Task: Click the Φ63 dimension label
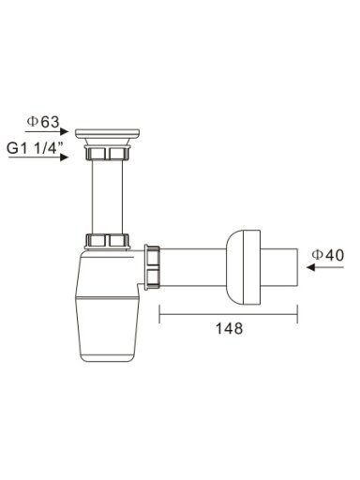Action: coord(43,122)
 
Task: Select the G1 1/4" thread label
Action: coord(35,148)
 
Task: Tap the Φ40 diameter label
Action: coord(328,255)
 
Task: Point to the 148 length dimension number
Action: coord(229,328)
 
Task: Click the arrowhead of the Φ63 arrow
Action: coord(64,131)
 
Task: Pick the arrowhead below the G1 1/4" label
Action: coord(64,157)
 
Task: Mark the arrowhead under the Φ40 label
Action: coord(310,267)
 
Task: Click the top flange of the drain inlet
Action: coord(108,133)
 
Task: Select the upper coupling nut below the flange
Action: coord(108,152)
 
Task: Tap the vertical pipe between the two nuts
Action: coord(108,197)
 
